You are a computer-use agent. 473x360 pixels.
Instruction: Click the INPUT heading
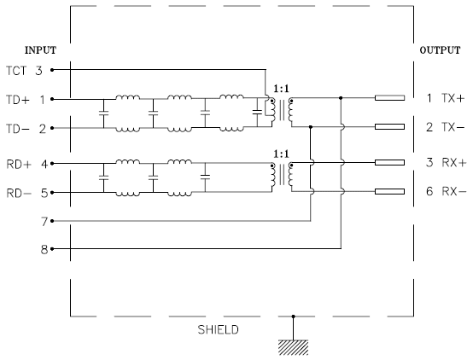(40, 50)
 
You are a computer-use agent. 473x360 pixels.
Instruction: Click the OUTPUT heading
(440, 50)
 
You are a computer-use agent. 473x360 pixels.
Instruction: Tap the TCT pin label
(16, 71)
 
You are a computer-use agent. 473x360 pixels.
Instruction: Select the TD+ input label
(18, 100)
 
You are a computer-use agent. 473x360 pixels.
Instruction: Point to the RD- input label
(19, 193)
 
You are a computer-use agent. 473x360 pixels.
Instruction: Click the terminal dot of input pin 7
(52, 221)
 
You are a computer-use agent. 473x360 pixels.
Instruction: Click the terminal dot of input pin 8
(52, 249)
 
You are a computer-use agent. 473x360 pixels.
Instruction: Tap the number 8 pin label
(44, 250)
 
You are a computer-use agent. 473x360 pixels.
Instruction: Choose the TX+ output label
(453, 98)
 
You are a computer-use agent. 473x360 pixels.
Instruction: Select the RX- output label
(454, 191)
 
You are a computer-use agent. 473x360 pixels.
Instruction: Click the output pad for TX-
(389, 126)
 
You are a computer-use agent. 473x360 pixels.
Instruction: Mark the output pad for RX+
(389, 163)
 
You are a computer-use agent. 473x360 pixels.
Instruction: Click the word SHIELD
(218, 329)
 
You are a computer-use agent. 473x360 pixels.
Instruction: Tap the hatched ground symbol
(293, 347)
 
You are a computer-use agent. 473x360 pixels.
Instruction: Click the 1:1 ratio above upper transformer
(281, 89)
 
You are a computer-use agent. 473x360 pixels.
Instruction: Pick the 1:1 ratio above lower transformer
(281, 154)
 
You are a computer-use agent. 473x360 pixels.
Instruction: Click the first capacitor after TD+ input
(103, 113)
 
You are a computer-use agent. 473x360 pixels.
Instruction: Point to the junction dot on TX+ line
(341, 98)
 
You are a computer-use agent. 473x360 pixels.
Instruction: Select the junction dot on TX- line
(311, 127)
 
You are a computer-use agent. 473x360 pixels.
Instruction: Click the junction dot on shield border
(293, 316)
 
